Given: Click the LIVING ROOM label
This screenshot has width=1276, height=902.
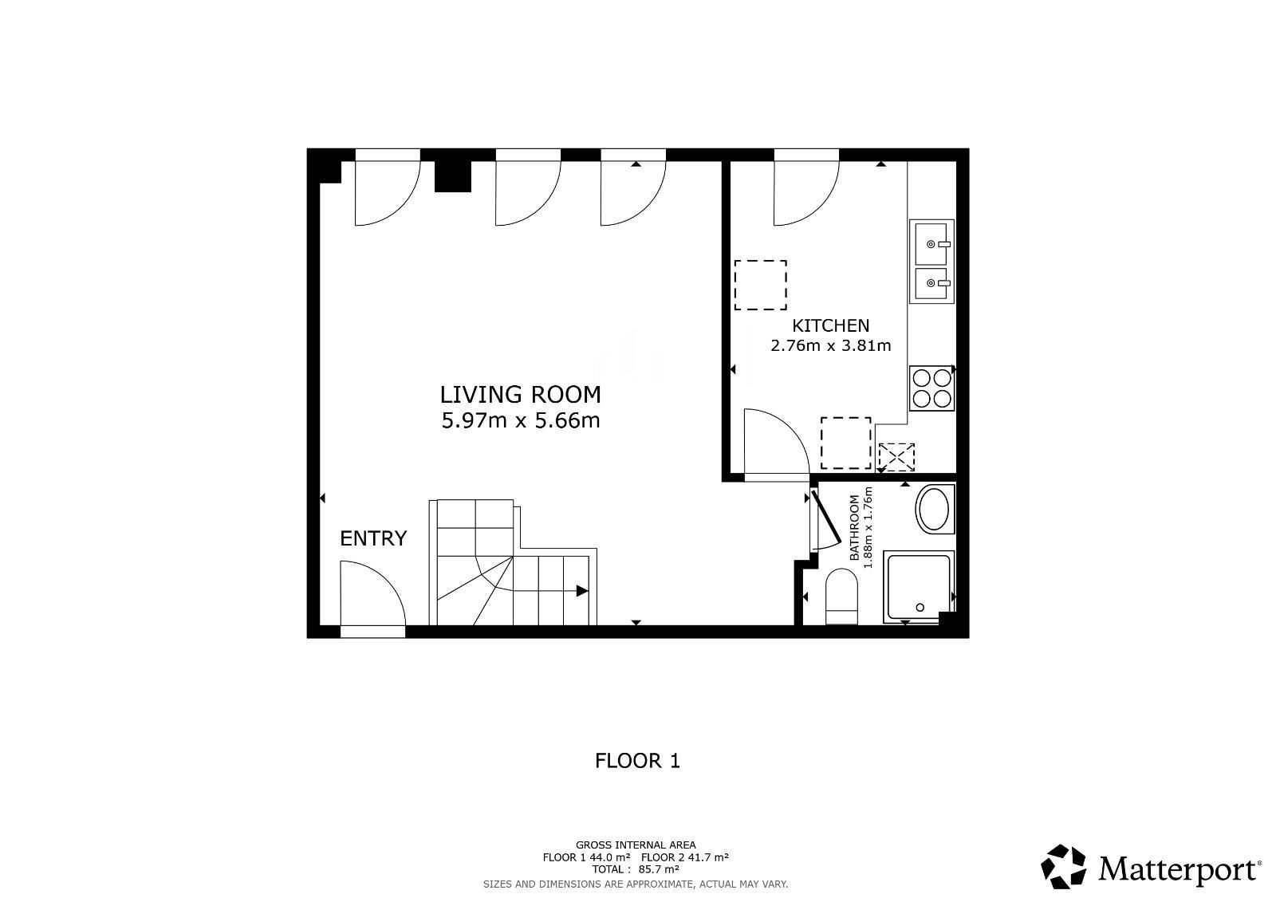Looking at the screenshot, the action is [520, 395].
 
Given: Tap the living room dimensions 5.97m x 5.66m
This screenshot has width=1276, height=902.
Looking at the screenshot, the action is [521, 421].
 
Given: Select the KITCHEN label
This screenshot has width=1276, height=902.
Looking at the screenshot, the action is [830, 326].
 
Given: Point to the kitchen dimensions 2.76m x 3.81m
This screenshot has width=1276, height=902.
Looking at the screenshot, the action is [830, 346].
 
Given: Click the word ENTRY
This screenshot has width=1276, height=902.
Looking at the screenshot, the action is [373, 538].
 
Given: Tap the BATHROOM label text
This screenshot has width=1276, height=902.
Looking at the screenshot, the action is [854, 528].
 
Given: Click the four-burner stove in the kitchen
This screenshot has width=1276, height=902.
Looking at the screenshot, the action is [931, 388].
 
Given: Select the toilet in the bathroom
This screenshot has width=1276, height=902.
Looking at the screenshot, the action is [841, 597].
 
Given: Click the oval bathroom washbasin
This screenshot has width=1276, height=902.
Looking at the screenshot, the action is [935, 509].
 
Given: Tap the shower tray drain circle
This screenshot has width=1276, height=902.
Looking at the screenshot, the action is [920, 608].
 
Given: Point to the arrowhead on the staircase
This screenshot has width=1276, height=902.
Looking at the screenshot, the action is [581, 591].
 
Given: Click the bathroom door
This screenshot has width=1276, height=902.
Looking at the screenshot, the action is [825, 518].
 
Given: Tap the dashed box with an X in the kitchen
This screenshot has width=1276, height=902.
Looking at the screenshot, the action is [896, 457].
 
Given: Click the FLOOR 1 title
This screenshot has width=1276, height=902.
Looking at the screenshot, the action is [637, 761].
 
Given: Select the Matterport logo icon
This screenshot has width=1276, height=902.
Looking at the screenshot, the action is [1063, 867].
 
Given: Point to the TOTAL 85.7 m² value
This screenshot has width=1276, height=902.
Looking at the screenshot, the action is [636, 869].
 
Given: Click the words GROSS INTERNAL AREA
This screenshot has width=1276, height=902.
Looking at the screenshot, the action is [636, 845].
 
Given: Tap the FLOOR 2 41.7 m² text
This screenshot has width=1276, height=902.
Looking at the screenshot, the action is [685, 857].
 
